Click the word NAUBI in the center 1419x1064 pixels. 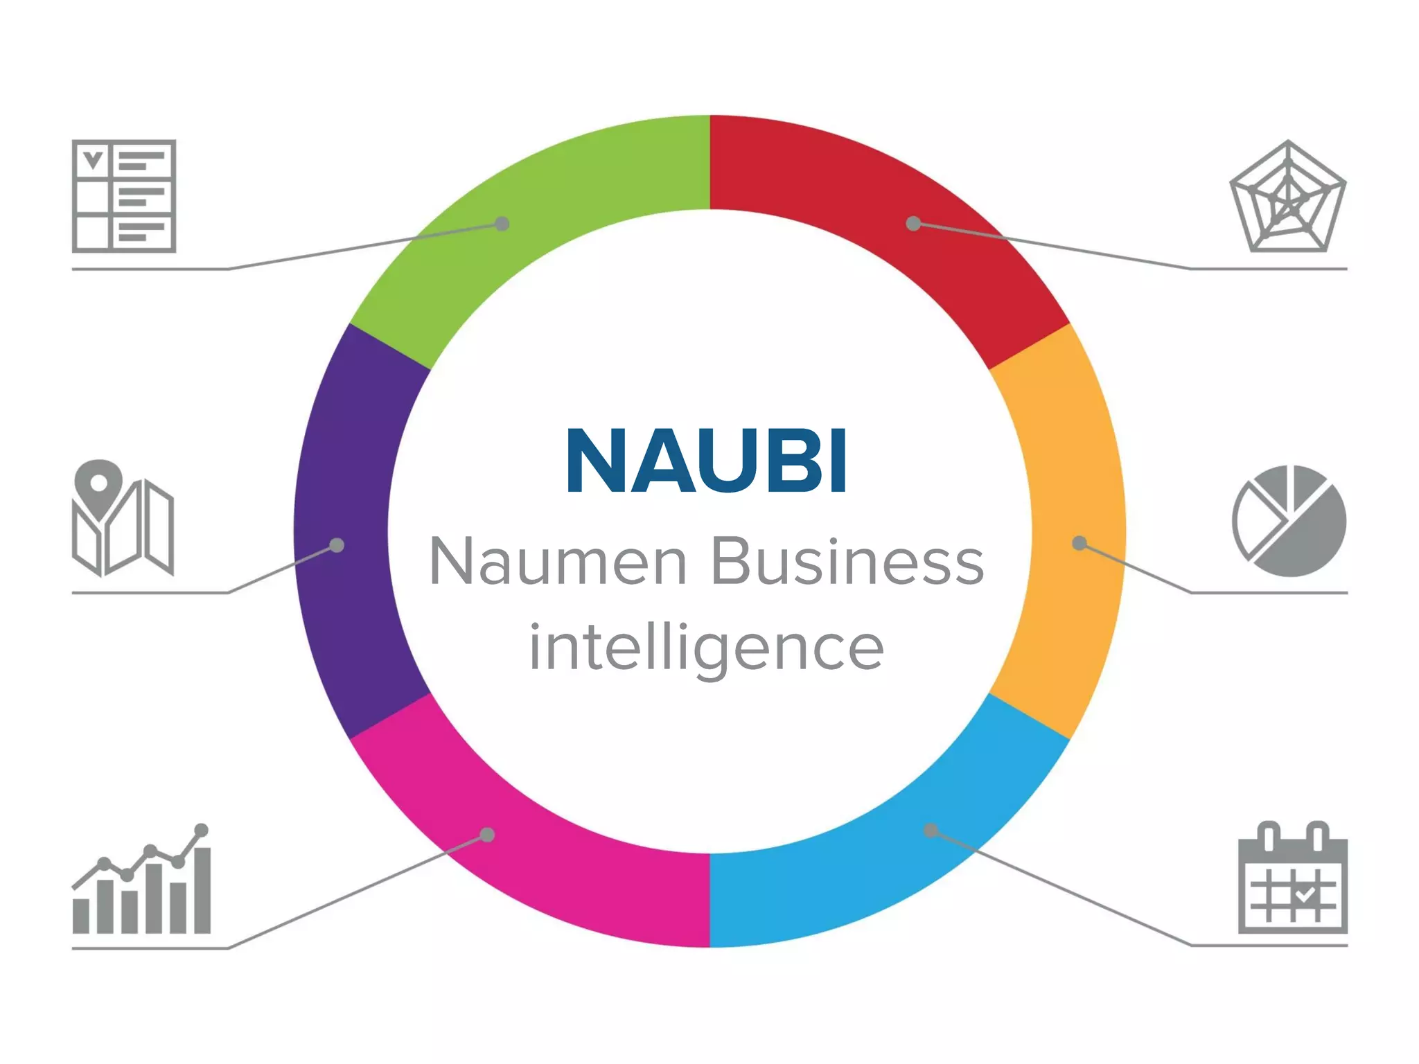pyautogui.click(x=707, y=461)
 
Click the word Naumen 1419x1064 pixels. pyautogui.click(x=558, y=562)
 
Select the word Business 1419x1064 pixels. pyautogui.click(x=847, y=562)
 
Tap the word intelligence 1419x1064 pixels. pyautogui.click(x=706, y=647)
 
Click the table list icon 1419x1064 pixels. pyautogui.click(x=124, y=196)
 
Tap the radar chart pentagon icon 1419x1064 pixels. pyautogui.click(x=1288, y=197)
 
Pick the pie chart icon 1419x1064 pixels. pyautogui.click(x=1289, y=521)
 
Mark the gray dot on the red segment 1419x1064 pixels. pyautogui.click(x=914, y=223)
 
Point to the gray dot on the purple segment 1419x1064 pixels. pyautogui.click(x=337, y=545)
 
